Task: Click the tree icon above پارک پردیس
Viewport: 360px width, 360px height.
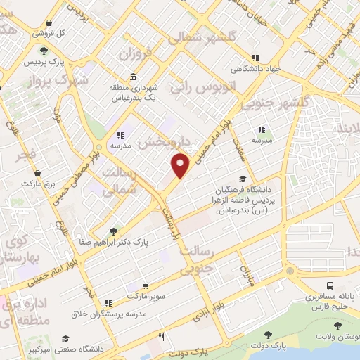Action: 44,51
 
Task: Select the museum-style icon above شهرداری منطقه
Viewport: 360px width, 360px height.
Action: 134,77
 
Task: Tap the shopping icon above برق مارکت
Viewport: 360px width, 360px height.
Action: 49,173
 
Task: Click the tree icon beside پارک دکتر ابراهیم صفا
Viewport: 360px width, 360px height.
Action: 114,231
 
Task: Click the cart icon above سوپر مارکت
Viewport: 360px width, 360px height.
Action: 146,286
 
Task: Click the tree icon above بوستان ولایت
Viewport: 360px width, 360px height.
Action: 338,326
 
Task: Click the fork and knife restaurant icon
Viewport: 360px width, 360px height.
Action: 161,337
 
